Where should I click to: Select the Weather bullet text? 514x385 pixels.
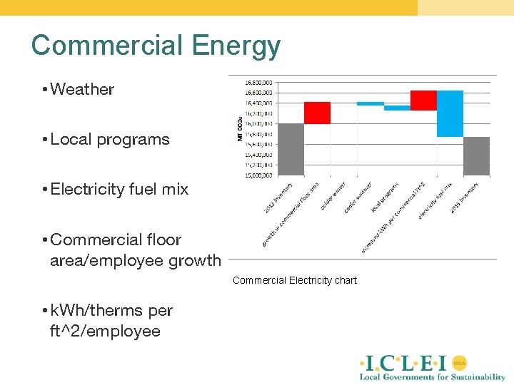pyautogui.click(x=82, y=89)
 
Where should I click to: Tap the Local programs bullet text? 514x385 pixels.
pyautogui.click(x=110, y=139)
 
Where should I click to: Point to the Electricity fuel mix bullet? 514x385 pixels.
pyautogui.click(x=119, y=189)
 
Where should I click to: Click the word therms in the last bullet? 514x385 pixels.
pyautogui.click(x=118, y=311)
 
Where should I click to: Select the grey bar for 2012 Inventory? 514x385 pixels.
pyautogui.click(x=291, y=149)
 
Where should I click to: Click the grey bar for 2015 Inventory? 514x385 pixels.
pyautogui.click(x=476, y=155)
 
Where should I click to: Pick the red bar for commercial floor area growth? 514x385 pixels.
pyautogui.click(x=317, y=113)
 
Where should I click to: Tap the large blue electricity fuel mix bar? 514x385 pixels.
pyautogui.click(x=450, y=113)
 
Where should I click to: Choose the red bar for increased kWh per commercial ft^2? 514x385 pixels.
pyautogui.click(x=423, y=101)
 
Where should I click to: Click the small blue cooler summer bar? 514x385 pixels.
pyautogui.click(x=371, y=103)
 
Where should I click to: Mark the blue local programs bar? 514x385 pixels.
pyautogui.click(x=397, y=108)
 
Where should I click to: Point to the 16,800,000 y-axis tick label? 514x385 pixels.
pyautogui.click(x=258, y=82)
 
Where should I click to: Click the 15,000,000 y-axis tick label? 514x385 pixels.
pyautogui.click(x=258, y=174)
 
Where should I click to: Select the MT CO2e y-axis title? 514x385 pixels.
pyautogui.click(x=240, y=128)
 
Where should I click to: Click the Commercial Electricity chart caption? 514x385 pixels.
pyautogui.click(x=294, y=280)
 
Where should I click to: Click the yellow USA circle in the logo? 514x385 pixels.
pyautogui.click(x=460, y=361)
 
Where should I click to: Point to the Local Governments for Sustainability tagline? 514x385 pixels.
pyautogui.click(x=432, y=377)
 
